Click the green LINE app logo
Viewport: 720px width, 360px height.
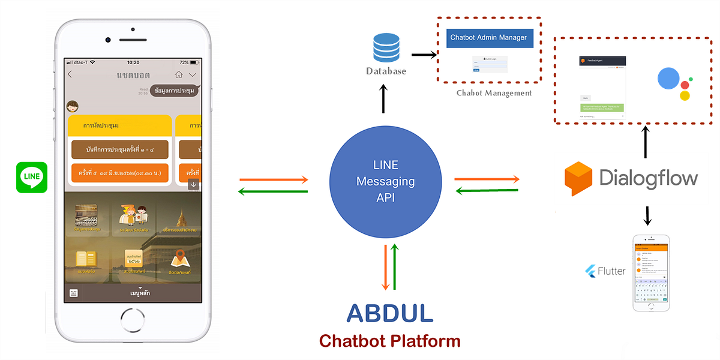click(x=32, y=178)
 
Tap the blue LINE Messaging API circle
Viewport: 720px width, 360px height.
click(x=385, y=181)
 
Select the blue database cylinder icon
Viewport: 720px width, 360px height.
click(x=386, y=47)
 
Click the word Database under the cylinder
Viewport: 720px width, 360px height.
click(x=386, y=71)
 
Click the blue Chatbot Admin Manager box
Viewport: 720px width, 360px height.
click(x=488, y=38)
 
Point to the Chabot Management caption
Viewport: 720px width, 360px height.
click(x=494, y=93)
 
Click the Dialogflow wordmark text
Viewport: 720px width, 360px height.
click(x=649, y=178)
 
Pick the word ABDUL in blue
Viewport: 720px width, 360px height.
click(x=389, y=313)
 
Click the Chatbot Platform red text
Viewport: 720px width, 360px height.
click(x=389, y=341)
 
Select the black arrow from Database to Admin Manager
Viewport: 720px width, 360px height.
click(x=424, y=55)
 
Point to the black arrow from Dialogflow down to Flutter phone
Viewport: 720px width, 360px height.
click(x=647, y=216)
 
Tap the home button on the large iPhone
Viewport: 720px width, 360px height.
click(x=133, y=318)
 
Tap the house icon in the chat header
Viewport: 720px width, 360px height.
click(x=178, y=75)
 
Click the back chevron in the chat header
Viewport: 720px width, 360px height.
click(x=70, y=74)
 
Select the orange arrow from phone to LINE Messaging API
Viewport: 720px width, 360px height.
click(x=274, y=179)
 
